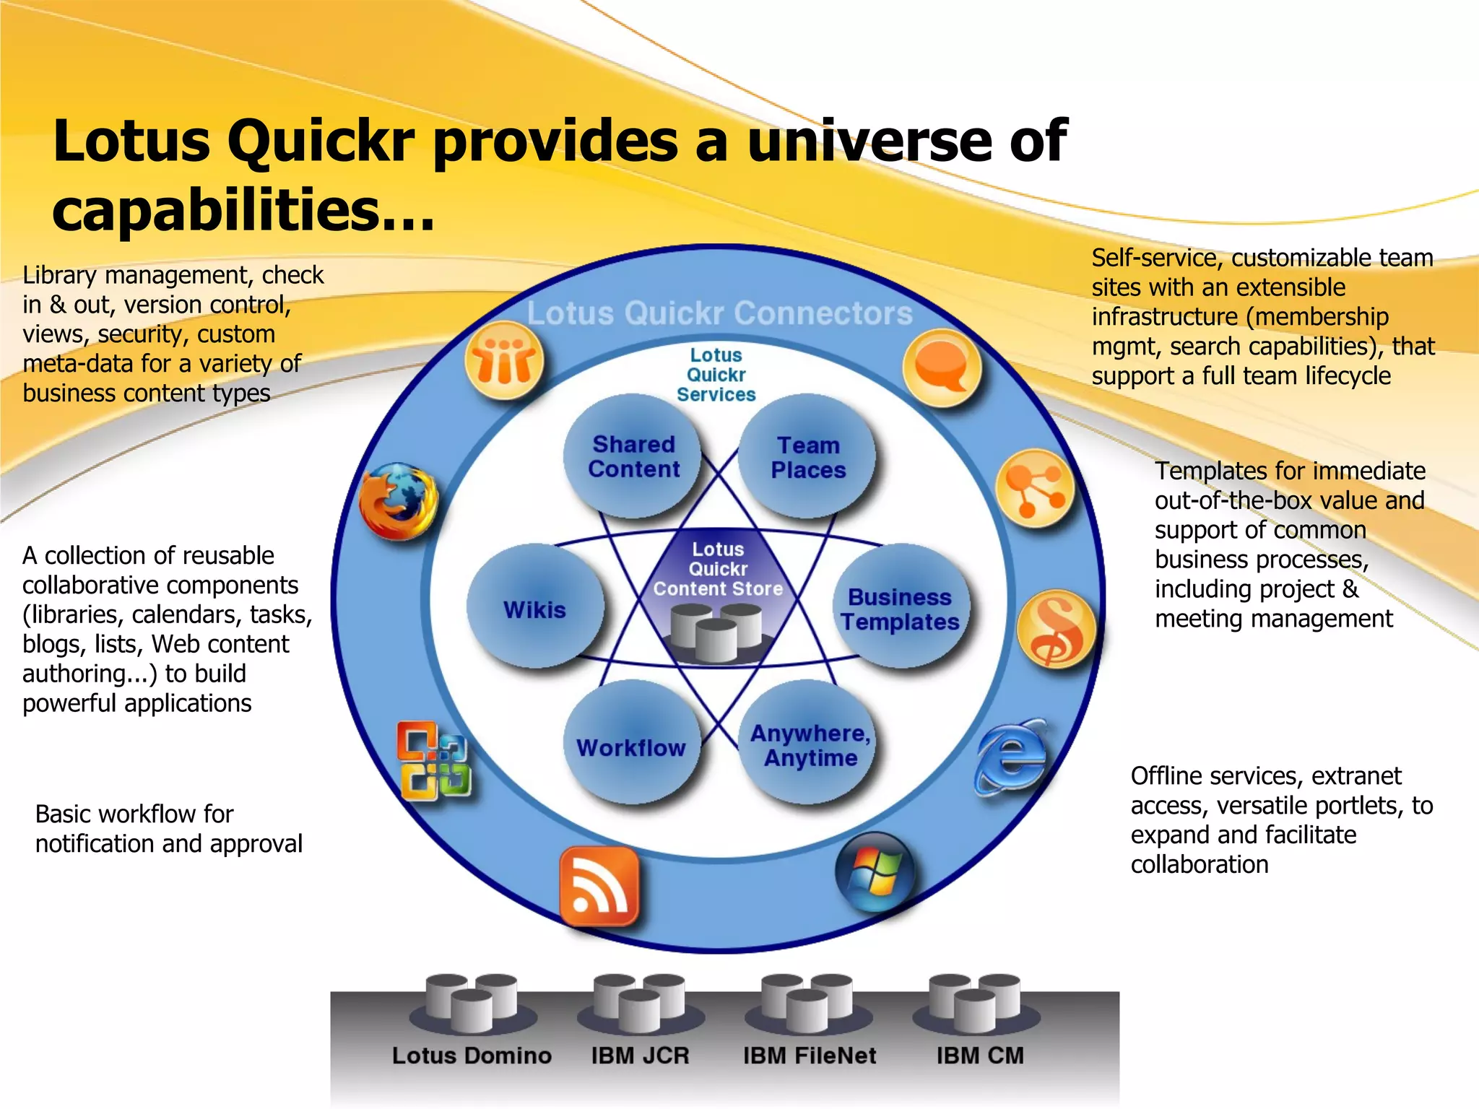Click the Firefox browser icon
(x=399, y=501)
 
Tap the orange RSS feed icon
(x=599, y=887)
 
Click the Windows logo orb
(x=875, y=872)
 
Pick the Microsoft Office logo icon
(x=434, y=761)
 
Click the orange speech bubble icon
(x=942, y=367)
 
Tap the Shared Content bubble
(x=633, y=456)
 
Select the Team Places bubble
(x=807, y=457)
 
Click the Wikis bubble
(x=535, y=609)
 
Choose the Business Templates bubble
(x=900, y=609)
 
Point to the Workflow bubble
(x=631, y=747)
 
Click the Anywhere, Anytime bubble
(x=810, y=745)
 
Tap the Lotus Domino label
(x=472, y=1056)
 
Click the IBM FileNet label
(x=810, y=1056)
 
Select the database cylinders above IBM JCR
(x=639, y=1002)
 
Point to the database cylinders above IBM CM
(x=975, y=1002)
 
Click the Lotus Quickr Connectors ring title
(x=719, y=313)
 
